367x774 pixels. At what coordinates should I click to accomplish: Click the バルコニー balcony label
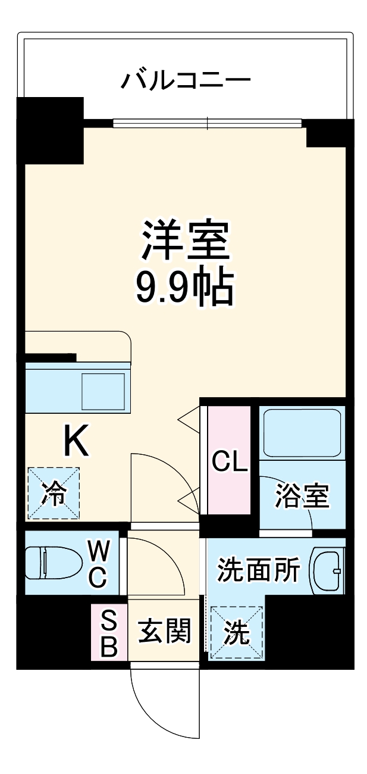coord(185,79)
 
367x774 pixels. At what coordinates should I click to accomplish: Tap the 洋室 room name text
coord(185,240)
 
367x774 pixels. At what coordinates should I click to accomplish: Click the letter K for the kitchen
coord(76,442)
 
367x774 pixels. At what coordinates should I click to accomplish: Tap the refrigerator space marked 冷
coord(54,493)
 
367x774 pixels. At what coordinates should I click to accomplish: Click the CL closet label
coord(230,461)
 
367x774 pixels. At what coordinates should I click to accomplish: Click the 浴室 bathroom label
coord(302,496)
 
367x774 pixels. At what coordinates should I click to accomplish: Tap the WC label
coord(98,563)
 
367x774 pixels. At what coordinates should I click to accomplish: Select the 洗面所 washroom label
coord(258,571)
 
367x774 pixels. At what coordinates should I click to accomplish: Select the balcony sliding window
coord(208,124)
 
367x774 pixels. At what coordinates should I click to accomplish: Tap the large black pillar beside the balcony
coord(51,130)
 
